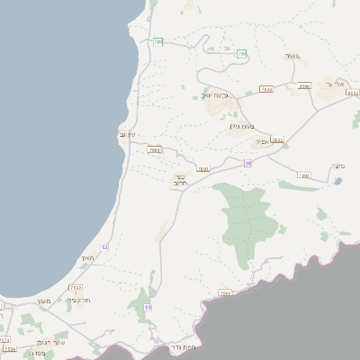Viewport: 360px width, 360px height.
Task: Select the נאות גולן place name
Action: click(256, 126)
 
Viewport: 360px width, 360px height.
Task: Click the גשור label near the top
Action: click(291, 56)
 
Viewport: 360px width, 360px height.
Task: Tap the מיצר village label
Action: click(338, 165)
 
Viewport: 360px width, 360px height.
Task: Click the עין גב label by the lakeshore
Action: click(127, 135)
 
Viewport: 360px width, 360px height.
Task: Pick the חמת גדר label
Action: click(182, 346)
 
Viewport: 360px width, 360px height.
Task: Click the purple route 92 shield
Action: click(105, 247)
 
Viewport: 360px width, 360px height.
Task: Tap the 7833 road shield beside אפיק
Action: click(277, 140)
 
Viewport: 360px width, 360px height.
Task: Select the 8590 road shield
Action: click(304, 86)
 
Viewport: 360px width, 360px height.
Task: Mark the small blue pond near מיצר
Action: click(337, 181)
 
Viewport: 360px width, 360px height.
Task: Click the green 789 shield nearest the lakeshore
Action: click(158, 41)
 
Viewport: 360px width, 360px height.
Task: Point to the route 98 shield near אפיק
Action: click(247, 163)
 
